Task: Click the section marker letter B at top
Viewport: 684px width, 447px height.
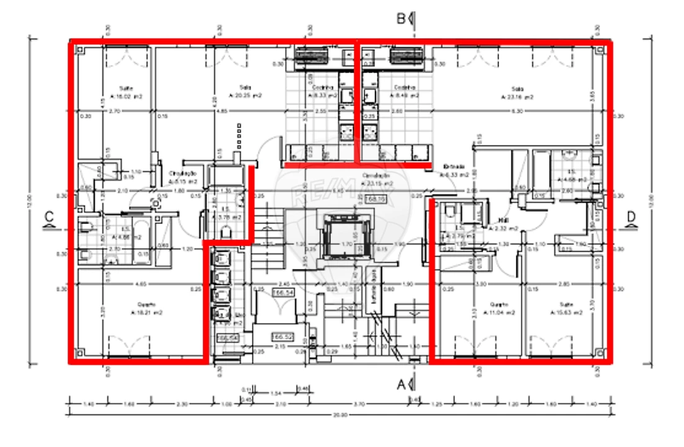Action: tap(402, 19)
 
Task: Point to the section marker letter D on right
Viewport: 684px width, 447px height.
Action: tap(631, 217)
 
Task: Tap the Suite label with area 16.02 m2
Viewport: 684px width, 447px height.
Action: tap(127, 88)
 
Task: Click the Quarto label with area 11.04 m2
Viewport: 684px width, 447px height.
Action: tap(500, 305)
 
